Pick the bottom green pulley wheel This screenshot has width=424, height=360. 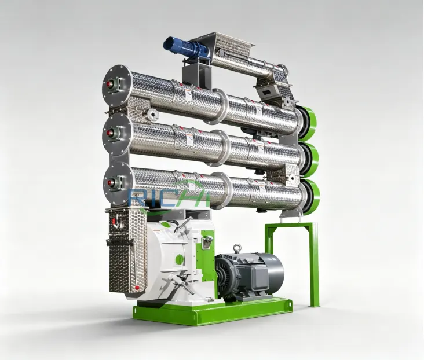click(312, 197)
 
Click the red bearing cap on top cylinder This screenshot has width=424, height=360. click(109, 84)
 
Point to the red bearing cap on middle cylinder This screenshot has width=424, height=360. click(109, 133)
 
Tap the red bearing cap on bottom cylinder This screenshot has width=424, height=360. click(110, 182)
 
